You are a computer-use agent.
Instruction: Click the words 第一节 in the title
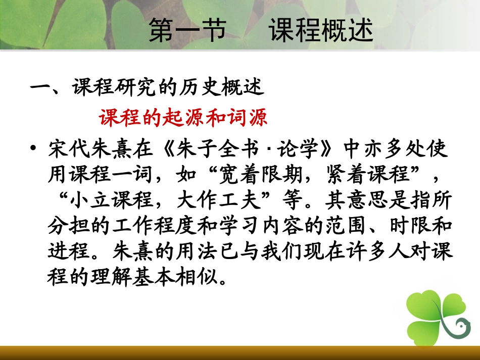click(x=187, y=31)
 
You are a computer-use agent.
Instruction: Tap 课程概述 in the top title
click(x=321, y=31)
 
